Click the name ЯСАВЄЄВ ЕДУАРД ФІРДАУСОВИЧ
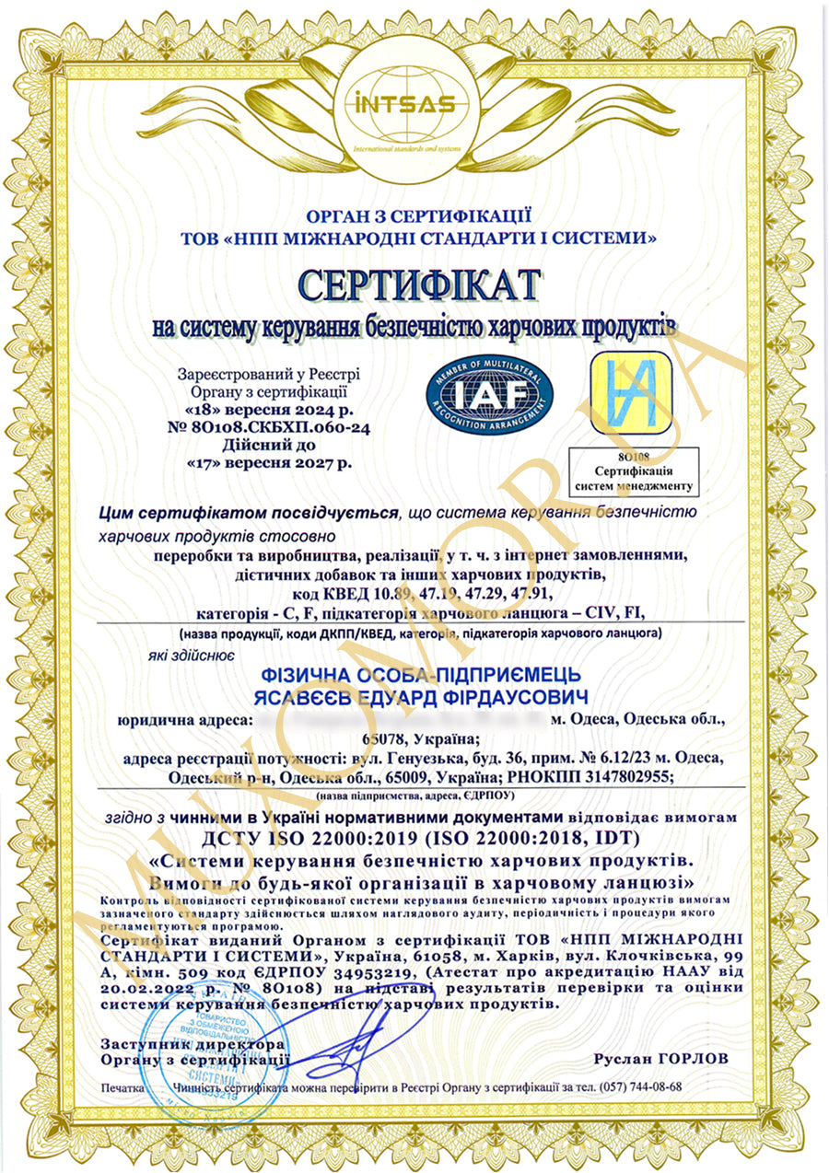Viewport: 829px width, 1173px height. click(414, 693)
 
